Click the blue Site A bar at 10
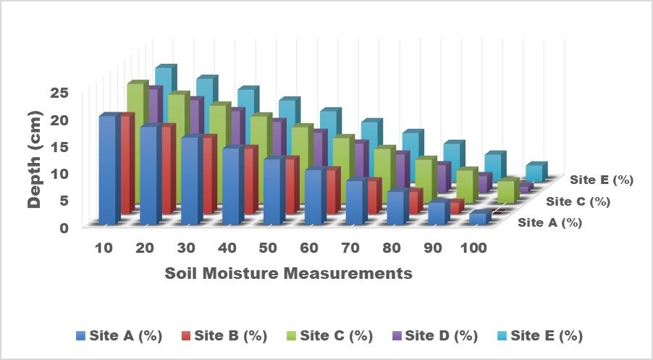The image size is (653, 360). click(106, 170)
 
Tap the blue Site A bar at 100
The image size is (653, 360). click(478, 218)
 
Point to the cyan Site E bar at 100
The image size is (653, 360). click(534, 172)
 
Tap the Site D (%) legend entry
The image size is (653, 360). click(435, 336)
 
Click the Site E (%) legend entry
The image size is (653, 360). click(540, 336)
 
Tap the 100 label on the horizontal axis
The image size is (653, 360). click(472, 248)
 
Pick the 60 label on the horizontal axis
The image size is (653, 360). click(310, 248)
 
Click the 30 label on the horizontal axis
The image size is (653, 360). click(186, 248)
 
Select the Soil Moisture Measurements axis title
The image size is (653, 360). click(288, 274)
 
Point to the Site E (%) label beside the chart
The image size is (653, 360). click(602, 180)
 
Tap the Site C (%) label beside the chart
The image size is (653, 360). click(578, 201)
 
